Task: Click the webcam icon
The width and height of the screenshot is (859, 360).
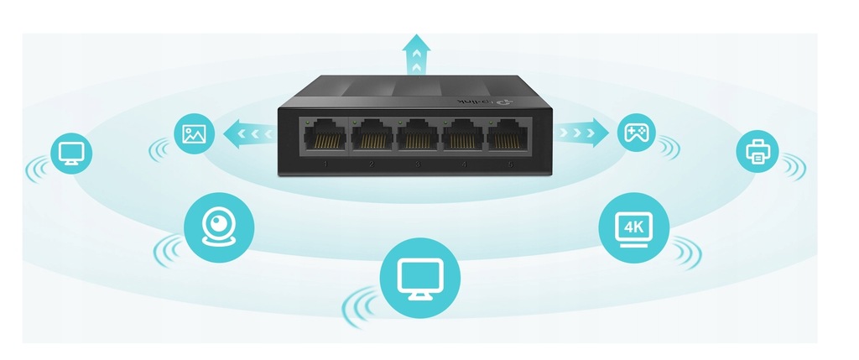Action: pyautogui.click(x=218, y=222)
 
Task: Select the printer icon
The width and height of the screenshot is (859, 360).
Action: pyautogui.click(x=757, y=152)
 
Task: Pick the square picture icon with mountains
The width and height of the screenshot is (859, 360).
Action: pyautogui.click(x=194, y=133)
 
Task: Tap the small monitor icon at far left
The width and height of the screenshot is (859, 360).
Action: pyautogui.click(x=70, y=152)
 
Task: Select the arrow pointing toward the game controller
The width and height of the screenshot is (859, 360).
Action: pyautogui.click(x=581, y=132)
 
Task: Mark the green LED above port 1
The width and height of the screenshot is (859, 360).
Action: pyautogui.click(x=311, y=123)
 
